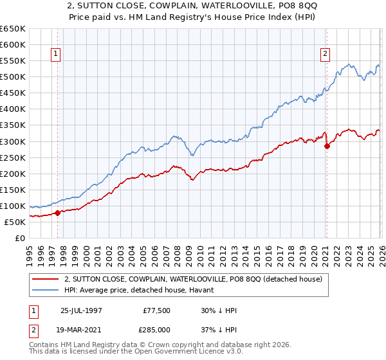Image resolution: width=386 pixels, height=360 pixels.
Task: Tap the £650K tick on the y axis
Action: (13, 29)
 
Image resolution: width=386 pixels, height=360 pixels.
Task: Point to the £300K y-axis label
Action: (13, 141)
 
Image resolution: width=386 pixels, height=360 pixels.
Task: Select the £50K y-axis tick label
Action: (15, 222)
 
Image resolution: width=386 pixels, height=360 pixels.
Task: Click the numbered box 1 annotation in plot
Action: (57, 55)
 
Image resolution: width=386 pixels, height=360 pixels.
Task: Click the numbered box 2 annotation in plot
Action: (326, 55)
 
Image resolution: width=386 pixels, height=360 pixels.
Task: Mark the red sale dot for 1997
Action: (57, 213)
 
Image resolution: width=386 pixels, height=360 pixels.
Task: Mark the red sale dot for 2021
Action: (327, 146)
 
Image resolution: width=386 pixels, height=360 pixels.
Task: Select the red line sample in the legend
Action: (46, 279)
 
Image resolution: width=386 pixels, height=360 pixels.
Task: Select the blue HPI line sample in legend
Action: (46, 290)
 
